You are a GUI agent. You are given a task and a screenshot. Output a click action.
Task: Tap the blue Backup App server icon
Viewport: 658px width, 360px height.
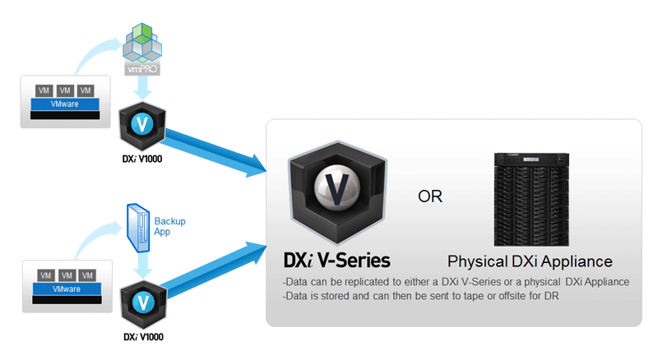pyautogui.click(x=137, y=225)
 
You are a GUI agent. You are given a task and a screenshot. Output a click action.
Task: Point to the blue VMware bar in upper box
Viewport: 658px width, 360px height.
pyautogui.click(x=65, y=105)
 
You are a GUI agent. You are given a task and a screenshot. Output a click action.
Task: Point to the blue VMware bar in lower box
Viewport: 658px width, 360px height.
pyautogui.click(x=65, y=289)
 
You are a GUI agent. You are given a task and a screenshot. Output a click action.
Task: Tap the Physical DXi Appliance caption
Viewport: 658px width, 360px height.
pyautogui.click(x=530, y=262)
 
